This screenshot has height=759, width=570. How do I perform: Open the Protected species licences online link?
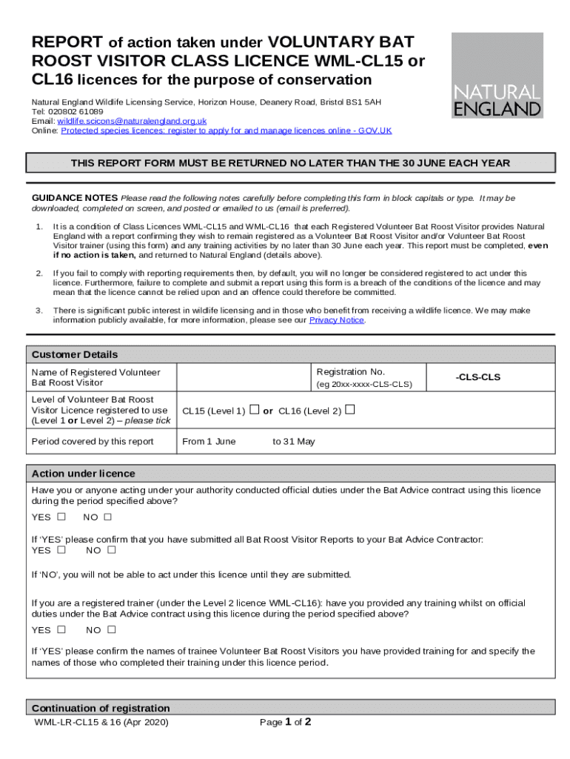(226, 130)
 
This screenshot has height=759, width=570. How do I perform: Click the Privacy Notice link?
(336, 320)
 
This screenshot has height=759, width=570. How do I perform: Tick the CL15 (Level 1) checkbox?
(254, 410)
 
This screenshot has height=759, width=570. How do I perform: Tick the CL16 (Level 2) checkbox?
(349, 410)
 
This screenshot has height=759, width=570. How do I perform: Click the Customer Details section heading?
(75, 354)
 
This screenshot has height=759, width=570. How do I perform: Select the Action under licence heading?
(84, 474)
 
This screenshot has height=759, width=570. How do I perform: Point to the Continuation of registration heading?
(101, 708)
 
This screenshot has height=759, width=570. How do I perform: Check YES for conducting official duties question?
(61, 517)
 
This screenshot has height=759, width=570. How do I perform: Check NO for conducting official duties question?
(107, 517)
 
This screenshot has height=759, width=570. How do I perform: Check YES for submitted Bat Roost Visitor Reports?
(61, 550)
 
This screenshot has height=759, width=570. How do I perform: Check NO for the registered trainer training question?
(112, 630)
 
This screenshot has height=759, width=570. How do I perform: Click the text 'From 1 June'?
(209, 442)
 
